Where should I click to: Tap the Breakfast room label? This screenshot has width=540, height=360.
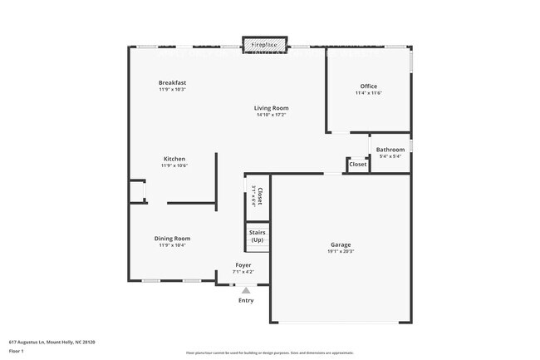(x=173, y=82)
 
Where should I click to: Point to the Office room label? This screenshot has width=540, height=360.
(x=368, y=86)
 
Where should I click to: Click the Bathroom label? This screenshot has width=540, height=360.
(x=390, y=150)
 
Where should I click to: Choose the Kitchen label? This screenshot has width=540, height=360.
(x=174, y=159)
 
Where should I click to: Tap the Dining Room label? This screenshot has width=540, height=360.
(x=173, y=239)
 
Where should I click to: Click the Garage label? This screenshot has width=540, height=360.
(x=341, y=244)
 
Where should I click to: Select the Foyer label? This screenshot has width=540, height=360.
(x=243, y=265)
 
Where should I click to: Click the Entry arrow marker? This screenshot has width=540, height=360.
(x=245, y=290)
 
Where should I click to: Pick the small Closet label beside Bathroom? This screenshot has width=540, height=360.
(x=357, y=165)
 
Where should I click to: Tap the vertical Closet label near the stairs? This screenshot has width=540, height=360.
(x=260, y=197)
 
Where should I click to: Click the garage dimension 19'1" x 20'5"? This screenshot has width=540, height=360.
(x=341, y=251)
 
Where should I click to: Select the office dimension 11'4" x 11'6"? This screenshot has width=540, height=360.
(x=368, y=93)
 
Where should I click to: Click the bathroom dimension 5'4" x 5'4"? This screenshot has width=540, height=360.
(x=390, y=156)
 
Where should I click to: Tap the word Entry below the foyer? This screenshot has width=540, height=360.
(x=245, y=300)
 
